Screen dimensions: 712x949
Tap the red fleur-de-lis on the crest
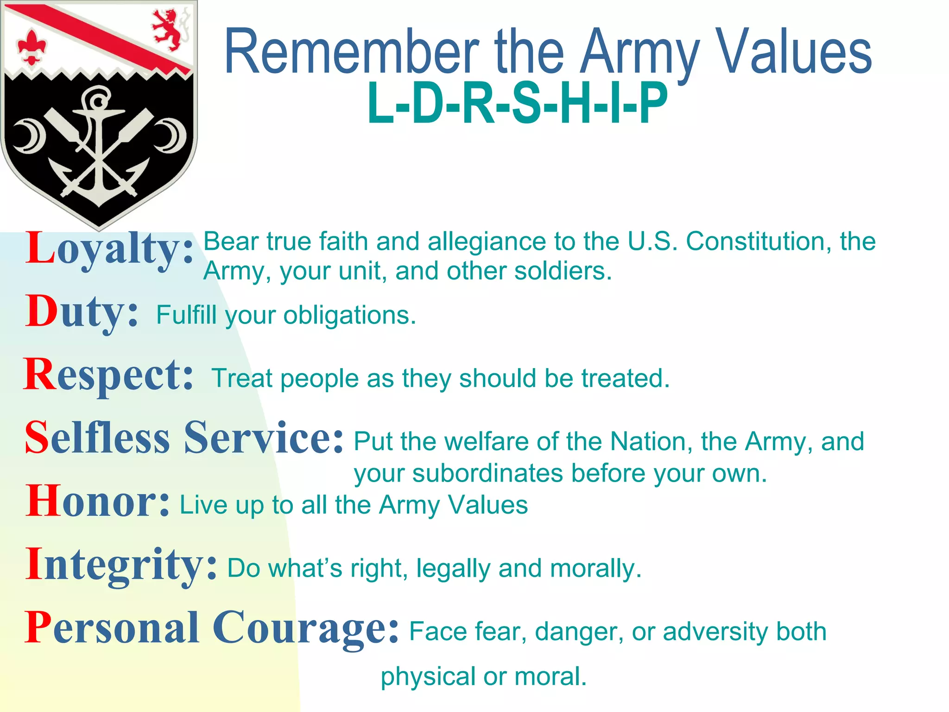32,47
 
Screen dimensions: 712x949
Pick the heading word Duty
82,311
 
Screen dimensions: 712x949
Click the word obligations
349,316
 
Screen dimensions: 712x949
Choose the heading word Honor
97,501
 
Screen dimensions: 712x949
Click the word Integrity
120,564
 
